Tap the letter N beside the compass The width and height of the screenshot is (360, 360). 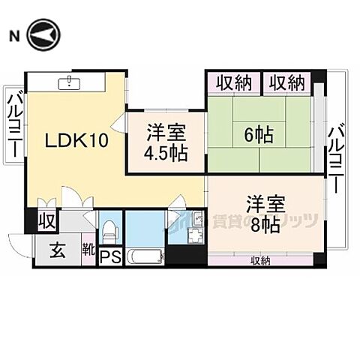[13, 35]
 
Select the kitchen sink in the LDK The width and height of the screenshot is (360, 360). [78, 81]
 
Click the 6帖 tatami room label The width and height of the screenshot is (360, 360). [258, 136]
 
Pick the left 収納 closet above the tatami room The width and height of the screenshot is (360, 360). [233, 82]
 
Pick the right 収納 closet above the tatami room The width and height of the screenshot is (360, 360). [286, 82]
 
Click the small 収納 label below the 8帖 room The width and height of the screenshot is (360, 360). [259, 260]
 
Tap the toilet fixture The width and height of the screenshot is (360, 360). [109, 228]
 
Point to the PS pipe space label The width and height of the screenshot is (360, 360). [109, 257]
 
